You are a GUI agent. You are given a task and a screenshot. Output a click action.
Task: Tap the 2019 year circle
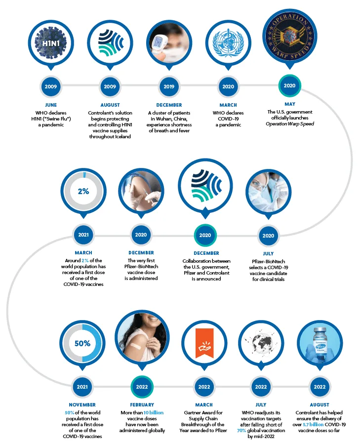(169, 87)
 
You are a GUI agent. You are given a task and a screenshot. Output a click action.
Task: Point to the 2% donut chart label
(83, 191)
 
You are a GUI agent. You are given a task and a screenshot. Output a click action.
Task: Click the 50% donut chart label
(82, 343)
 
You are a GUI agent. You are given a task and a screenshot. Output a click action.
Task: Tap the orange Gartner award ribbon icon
(204, 343)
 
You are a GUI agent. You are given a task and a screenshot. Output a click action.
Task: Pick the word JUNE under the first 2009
(51, 105)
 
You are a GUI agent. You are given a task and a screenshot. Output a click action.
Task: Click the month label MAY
(289, 104)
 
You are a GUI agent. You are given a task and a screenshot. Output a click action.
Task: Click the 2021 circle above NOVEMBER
(83, 387)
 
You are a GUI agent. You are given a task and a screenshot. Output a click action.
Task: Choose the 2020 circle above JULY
(268, 236)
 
